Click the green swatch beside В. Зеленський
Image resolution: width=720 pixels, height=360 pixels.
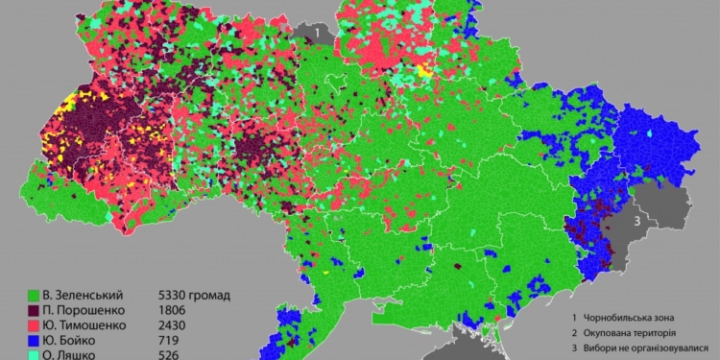36,295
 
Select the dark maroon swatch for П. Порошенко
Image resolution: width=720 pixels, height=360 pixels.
36,310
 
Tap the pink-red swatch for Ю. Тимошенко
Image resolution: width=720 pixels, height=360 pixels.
36,325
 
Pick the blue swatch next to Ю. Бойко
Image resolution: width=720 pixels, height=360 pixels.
36,341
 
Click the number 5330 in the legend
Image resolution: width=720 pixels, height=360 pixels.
173,295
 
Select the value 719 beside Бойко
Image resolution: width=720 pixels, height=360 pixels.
169,341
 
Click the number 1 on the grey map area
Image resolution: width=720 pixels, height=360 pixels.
316,33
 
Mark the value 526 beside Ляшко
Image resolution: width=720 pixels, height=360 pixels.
169,354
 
